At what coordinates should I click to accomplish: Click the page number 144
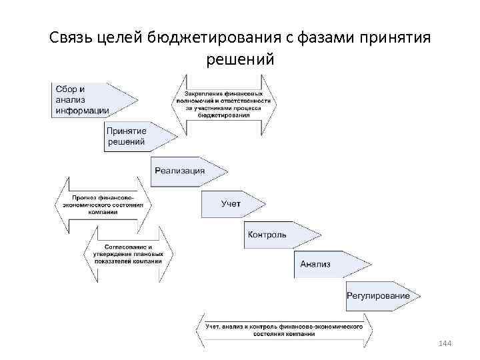[x=445, y=343]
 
